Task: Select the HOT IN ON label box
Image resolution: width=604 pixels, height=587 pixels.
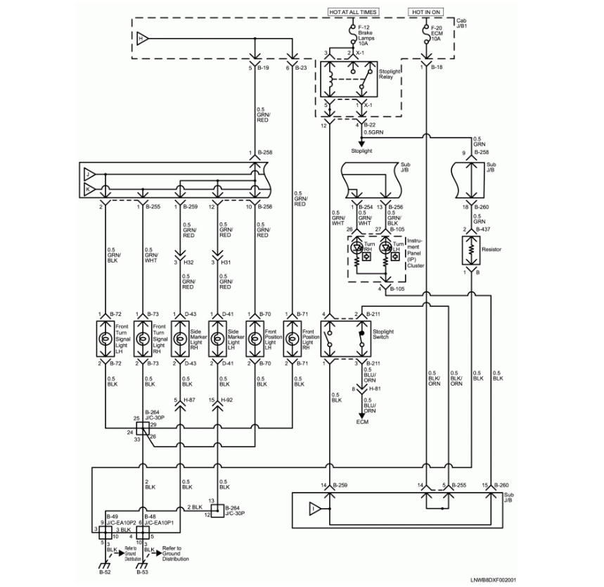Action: [x=427, y=12]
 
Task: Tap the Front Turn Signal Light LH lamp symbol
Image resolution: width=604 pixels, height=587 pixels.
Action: [x=105, y=339]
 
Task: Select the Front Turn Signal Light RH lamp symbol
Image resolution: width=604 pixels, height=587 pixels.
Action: [x=143, y=339]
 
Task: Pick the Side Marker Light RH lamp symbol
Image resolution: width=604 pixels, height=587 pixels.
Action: [x=181, y=339]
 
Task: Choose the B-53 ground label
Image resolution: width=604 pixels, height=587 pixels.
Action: [x=142, y=574]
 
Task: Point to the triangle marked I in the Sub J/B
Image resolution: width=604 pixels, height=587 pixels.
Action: [x=312, y=507]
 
